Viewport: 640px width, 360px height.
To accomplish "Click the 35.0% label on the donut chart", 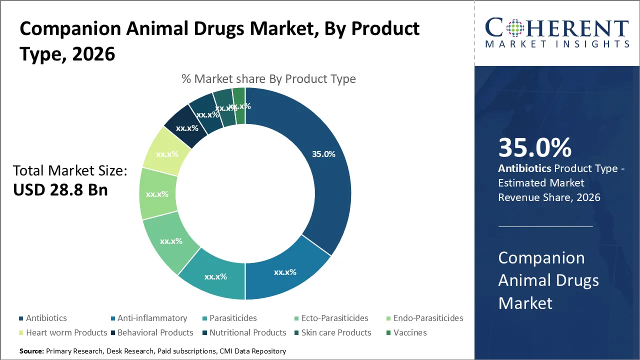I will click(323, 154).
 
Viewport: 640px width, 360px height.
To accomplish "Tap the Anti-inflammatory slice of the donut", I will click(285, 272).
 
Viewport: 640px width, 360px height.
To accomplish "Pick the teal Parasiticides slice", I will click(215, 276).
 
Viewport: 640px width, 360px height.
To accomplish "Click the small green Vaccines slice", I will click(239, 105).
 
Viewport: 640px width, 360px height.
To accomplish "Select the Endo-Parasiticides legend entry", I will click(428, 318).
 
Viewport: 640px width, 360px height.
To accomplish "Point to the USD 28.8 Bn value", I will click(60, 190).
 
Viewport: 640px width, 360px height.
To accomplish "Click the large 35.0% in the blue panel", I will click(534, 148).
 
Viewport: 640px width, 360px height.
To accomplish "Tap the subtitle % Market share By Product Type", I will click(268, 79).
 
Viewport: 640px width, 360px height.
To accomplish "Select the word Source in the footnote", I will click(31, 351).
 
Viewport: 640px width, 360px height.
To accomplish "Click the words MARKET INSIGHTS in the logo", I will click(557, 44).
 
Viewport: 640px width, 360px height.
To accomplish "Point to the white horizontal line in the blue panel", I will click(545, 226).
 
